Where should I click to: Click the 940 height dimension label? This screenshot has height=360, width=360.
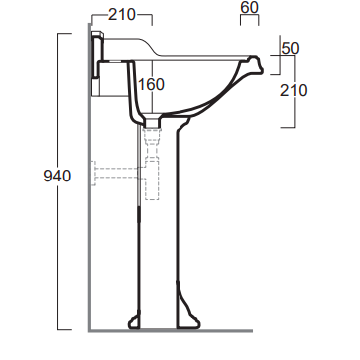click(57, 176)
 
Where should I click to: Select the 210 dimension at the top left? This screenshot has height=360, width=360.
click(122, 15)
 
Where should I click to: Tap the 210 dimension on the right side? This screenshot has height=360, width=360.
click(294, 90)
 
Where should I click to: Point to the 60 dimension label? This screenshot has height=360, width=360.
click(249, 7)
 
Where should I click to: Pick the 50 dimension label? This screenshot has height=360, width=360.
click(290, 48)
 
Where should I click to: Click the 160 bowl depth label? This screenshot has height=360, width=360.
click(151, 85)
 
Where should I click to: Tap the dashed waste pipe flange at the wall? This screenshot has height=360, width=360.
click(94, 173)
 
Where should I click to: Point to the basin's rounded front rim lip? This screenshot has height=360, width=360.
click(256, 64)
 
